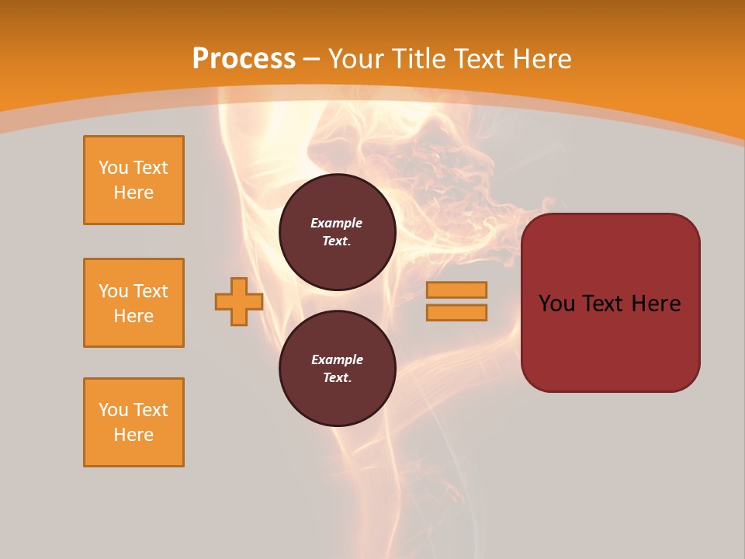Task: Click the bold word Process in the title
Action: pos(244,59)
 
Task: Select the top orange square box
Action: pos(133,180)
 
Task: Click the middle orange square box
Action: pos(133,303)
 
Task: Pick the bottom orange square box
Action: pos(133,422)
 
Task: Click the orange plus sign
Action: pos(238,301)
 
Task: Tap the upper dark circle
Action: pos(337,232)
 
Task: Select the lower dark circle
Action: pos(337,369)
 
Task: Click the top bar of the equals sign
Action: pos(456,290)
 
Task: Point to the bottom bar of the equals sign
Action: pos(456,312)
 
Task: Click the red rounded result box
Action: pos(610,302)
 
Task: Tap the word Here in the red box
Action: pos(656,304)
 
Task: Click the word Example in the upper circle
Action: pos(337,223)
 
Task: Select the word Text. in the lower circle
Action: pos(337,378)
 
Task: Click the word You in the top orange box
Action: pos(113,168)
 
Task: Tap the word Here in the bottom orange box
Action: pos(133,435)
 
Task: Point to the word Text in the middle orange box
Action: pos(151,291)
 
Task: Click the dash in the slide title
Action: pos(312,59)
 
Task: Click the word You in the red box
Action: pos(556,304)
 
